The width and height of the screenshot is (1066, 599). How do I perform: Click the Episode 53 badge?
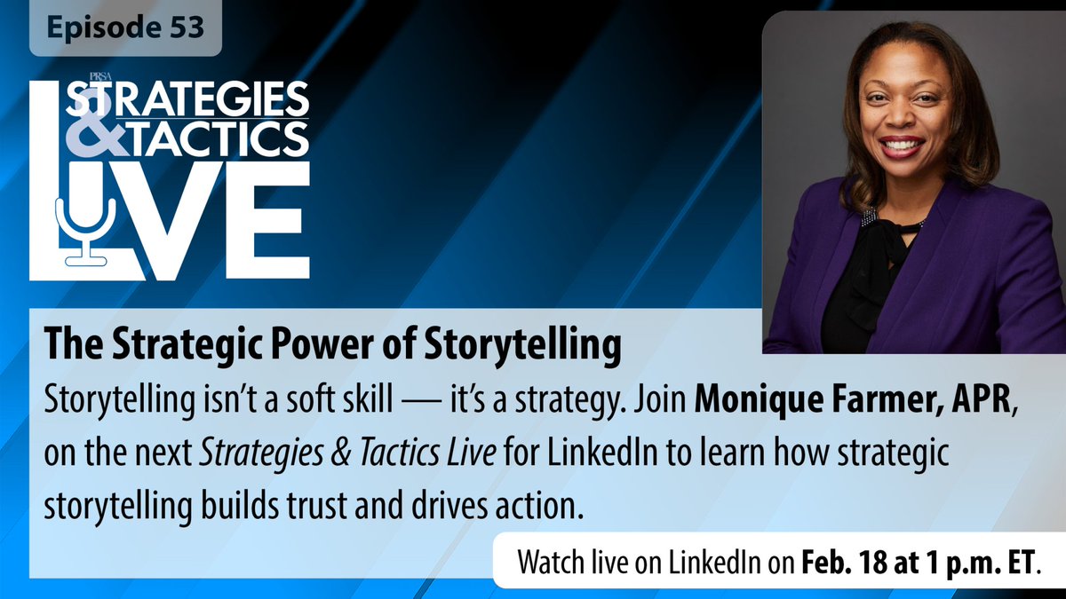click(125, 28)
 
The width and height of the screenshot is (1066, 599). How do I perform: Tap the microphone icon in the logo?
click(85, 225)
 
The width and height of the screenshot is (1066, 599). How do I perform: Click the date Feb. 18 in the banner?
click(842, 563)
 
